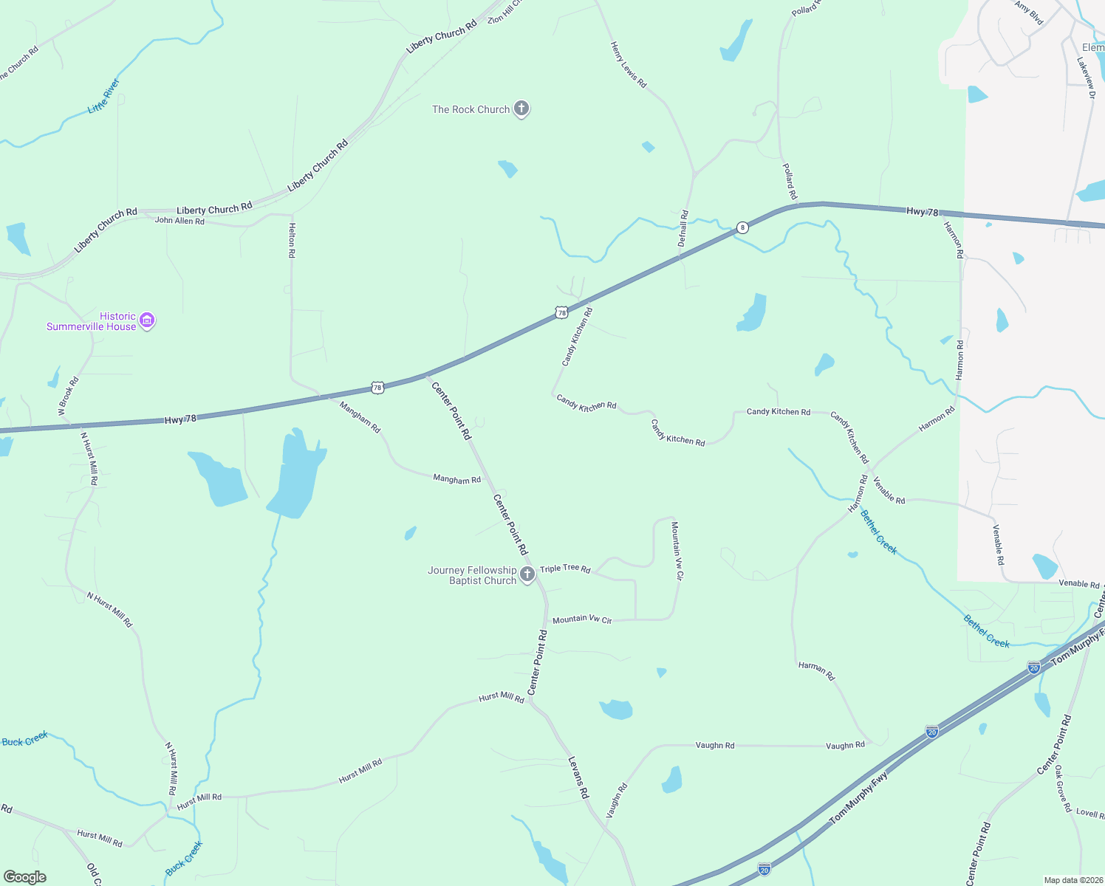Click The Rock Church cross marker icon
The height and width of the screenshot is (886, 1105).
pyautogui.click(x=521, y=109)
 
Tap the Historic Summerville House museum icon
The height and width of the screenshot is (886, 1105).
pyautogui.click(x=147, y=320)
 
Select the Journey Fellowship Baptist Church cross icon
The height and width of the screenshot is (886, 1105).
pyautogui.click(x=527, y=575)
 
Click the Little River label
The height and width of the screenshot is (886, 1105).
pyautogui.click(x=103, y=96)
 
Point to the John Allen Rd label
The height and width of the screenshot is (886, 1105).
pyautogui.click(x=179, y=221)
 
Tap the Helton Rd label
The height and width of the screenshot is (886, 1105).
pyautogui.click(x=292, y=240)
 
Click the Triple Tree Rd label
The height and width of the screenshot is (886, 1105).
pyautogui.click(x=565, y=569)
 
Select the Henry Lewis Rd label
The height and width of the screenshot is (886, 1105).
pyautogui.click(x=629, y=65)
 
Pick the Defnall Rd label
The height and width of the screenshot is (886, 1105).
pyautogui.click(x=683, y=228)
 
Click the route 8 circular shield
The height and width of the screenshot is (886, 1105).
pyautogui.click(x=742, y=227)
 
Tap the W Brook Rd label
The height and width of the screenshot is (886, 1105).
pyautogui.click(x=68, y=396)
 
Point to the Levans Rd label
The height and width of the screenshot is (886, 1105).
pyautogui.click(x=578, y=777)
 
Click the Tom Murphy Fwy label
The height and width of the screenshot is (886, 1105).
pyautogui.click(x=858, y=798)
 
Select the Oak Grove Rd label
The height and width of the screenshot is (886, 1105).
pyautogui.click(x=1063, y=789)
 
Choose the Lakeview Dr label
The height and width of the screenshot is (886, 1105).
pyautogui.click(x=1085, y=78)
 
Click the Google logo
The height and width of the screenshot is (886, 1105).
pyautogui.click(x=25, y=877)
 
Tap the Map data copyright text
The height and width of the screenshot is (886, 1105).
pyautogui.click(x=1073, y=880)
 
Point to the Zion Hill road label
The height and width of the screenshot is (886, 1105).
pyautogui.click(x=505, y=13)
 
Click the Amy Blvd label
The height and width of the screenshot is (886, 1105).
pyautogui.click(x=1029, y=13)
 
